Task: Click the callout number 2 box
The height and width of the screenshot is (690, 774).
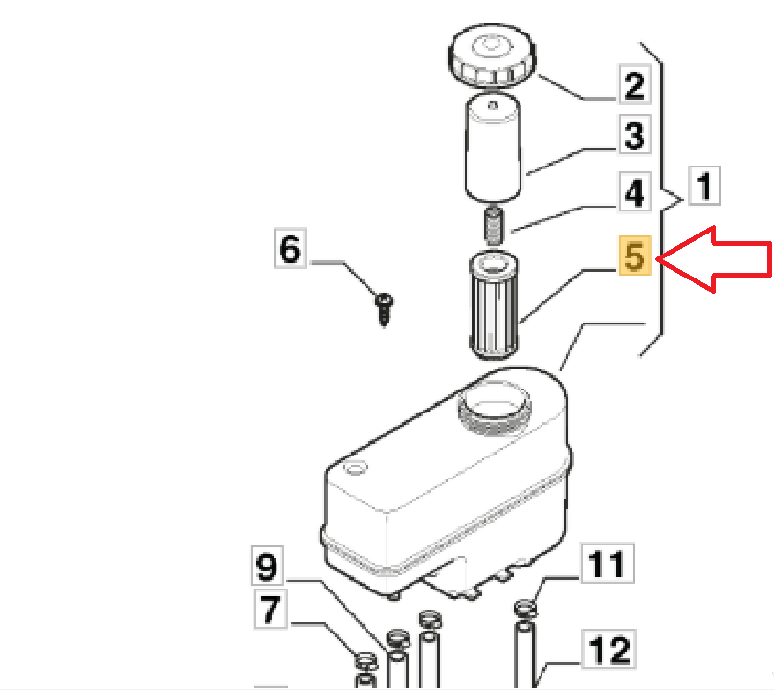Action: [x=635, y=84]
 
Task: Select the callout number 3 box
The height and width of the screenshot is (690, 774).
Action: [x=635, y=134]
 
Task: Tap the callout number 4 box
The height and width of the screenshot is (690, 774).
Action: [x=635, y=192]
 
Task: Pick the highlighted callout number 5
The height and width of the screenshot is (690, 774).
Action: [x=635, y=256]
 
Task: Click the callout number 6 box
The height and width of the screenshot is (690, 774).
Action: [x=290, y=248]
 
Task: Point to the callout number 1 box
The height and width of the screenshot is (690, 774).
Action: [x=704, y=186]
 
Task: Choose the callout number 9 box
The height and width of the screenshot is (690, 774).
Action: [x=267, y=566]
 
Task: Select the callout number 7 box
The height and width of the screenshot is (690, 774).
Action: [x=270, y=609]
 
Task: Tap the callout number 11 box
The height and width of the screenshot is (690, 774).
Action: [x=608, y=563]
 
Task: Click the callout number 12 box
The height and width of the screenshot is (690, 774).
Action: [x=608, y=649]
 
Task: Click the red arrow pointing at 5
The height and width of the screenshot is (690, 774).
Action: [x=715, y=259]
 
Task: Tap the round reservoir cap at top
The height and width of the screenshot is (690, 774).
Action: [x=492, y=56]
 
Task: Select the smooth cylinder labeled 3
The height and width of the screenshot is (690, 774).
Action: [x=493, y=147]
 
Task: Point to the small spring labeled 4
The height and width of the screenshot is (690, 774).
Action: [x=493, y=226]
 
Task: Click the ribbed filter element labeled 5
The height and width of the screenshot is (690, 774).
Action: [x=493, y=304]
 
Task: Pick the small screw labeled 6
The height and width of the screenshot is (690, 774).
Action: [x=385, y=309]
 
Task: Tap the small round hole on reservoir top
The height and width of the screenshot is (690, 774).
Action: [x=356, y=467]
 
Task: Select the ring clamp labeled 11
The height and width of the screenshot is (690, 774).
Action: [x=525, y=608]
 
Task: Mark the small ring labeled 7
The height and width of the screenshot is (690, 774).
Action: [x=365, y=660]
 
